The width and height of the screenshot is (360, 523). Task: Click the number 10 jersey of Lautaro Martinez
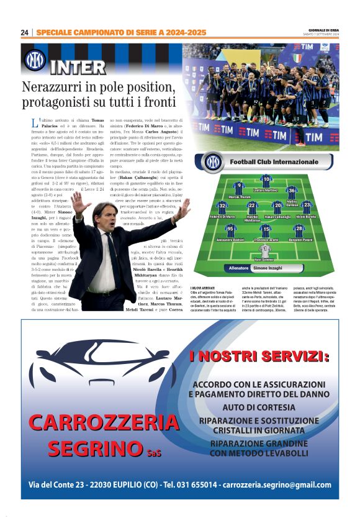pyautogui.click(x=266, y=181)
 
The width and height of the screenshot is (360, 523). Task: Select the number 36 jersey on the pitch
pyautogui.click(x=292, y=192)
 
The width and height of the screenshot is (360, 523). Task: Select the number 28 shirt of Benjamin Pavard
pyautogui.click(x=299, y=230)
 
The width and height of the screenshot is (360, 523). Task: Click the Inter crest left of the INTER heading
pyautogui.click(x=35, y=60)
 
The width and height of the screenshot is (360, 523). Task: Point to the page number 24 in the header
pyautogui.click(x=24, y=32)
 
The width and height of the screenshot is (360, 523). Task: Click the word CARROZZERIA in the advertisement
pyautogui.click(x=102, y=423)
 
